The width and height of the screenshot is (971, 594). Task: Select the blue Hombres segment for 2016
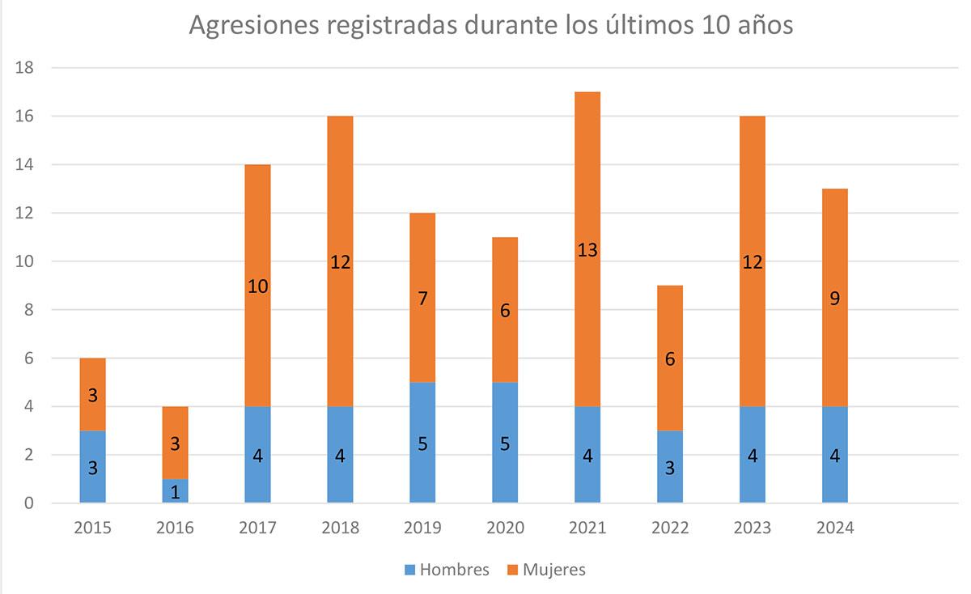pyautogui.click(x=175, y=490)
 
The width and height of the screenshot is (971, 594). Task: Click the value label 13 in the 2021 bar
pyautogui.click(x=587, y=250)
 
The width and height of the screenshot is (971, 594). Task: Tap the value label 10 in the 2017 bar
pyautogui.click(x=257, y=286)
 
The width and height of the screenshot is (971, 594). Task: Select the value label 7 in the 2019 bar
pyautogui.click(x=422, y=298)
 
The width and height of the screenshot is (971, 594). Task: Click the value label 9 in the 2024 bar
pyautogui.click(x=835, y=298)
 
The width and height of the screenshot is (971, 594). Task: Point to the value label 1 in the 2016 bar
pyautogui.click(x=175, y=492)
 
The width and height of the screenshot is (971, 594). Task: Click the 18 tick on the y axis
pyautogui.click(x=24, y=68)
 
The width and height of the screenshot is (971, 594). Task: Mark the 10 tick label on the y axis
pyautogui.click(x=24, y=261)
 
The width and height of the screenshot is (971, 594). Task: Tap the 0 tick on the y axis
pyautogui.click(x=28, y=503)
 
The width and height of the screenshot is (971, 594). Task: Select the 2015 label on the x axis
pyautogui.click(x=92, y=528)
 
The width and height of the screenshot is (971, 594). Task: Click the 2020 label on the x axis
pyautogui.click(x=505, y=528)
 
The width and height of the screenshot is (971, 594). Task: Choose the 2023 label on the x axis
pyautogui.click(x=753, y=528)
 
